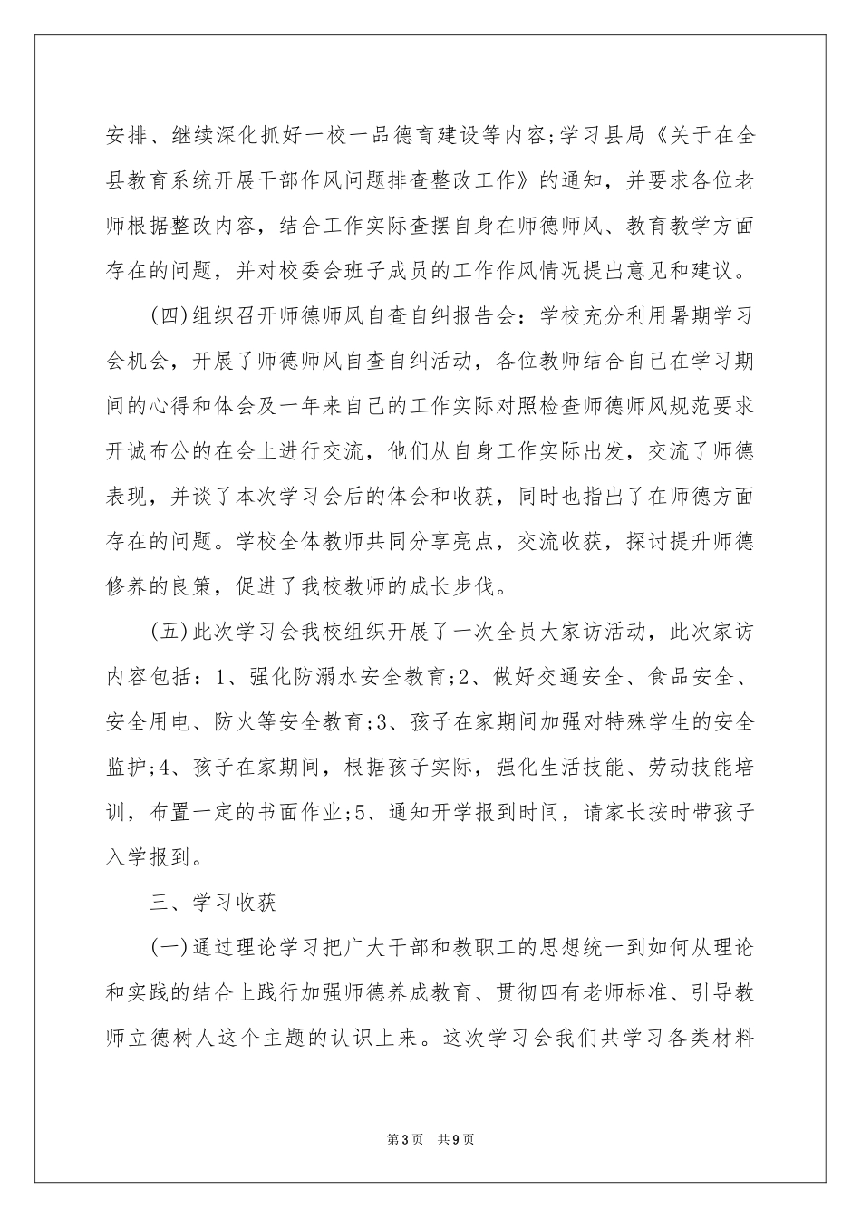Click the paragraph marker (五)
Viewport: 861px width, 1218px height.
coord(166,631)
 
